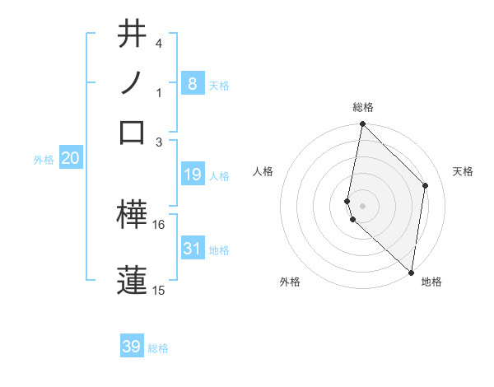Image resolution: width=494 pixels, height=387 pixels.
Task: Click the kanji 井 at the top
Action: tap(133, 35)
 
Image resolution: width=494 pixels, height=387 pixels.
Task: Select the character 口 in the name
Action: tap(133, 132)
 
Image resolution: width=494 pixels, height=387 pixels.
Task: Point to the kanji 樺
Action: tap(133, 215)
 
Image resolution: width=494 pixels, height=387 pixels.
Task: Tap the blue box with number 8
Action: tap(192, 84)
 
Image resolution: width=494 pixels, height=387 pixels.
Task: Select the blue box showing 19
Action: tap(192, 175)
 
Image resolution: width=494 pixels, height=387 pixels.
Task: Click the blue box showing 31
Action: tap(192, 249)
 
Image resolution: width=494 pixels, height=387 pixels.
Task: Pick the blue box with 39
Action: tap(132, 347)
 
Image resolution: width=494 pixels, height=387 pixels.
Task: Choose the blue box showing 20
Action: tap(70, 159)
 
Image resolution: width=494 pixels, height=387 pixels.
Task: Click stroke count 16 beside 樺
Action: tap(159, 224)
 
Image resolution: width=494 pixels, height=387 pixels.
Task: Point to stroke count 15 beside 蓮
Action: tap(159, 290)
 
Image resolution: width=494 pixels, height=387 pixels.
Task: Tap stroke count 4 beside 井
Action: tap(159, 43)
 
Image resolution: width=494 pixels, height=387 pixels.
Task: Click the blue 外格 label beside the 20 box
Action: tap(44, 160)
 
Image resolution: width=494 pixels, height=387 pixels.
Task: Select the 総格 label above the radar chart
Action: tap(363, 107)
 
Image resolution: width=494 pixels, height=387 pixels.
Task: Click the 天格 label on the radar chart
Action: tap(464, 171)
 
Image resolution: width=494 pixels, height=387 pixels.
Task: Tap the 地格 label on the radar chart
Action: tap(431, 282)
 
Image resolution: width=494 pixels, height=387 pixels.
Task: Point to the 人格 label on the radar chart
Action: tap(263, 171)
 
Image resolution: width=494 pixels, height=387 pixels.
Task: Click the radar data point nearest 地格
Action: tap(411, 273)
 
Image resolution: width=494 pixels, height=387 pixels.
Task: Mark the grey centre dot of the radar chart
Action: tap(363, 205)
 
